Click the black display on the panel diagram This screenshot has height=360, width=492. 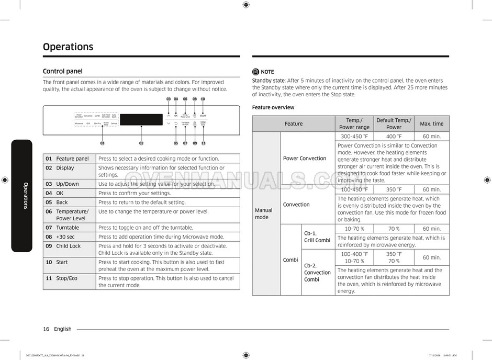(141, 119)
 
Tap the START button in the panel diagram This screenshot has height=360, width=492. (203, 115)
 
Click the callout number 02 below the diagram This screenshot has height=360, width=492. (141, 143)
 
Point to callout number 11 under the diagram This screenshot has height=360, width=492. (203, 143)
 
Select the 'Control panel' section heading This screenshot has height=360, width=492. (62, 71)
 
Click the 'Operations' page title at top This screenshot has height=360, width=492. (68, 47)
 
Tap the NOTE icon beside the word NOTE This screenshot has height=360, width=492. (255, 72)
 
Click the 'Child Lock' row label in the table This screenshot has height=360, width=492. (68, 246)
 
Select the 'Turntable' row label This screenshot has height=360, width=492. (68, 228)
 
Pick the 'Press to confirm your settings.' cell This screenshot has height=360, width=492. (135, 193)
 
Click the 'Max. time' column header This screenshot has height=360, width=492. (431, 123)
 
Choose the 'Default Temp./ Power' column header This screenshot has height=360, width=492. (394, 123)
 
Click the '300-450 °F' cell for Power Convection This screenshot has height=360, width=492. (354, 137)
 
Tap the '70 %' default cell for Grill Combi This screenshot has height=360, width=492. (394, 229)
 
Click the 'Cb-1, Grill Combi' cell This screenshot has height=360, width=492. (317, 237)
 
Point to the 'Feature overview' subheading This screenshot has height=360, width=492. (273, 107)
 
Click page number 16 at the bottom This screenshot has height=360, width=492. (46, 329)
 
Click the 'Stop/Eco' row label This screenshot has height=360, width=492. (66, 278)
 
